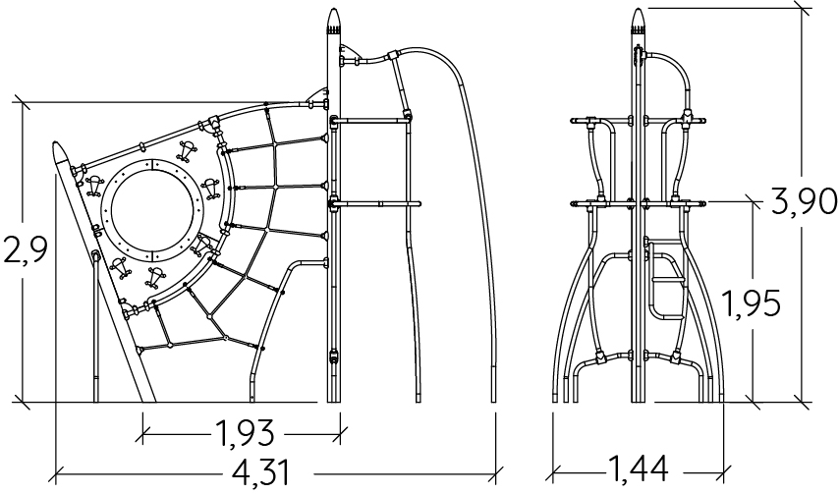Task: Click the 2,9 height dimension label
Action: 26,250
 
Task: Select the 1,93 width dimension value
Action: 245,432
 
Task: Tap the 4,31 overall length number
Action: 261,472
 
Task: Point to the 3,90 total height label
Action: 805,201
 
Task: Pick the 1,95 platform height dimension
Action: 751,303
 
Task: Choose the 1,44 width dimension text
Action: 639,468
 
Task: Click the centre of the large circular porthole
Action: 152,209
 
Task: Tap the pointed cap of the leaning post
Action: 61,152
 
